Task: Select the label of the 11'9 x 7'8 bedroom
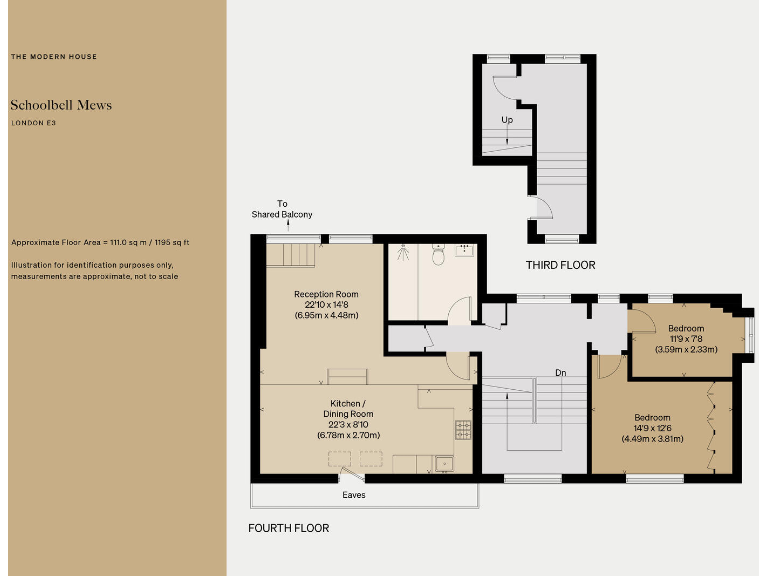pos(686,328)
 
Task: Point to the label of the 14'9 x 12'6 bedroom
pos(652,417)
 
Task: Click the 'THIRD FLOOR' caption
pos(560,265)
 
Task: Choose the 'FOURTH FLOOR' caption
pos(288,528)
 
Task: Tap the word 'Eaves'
pos(352,494)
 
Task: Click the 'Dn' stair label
pos(561,373)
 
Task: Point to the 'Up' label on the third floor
pos(507,120)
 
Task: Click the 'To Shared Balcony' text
pos(282,209)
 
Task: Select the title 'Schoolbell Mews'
pos(61,105)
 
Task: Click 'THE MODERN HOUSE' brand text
pos(54,57)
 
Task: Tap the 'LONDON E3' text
pos(33,122)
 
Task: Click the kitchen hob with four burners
pos(464,430)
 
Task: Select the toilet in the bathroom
pos(438,257)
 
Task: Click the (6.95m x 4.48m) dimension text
pos(326,316)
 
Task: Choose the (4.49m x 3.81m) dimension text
pos(652,439)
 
